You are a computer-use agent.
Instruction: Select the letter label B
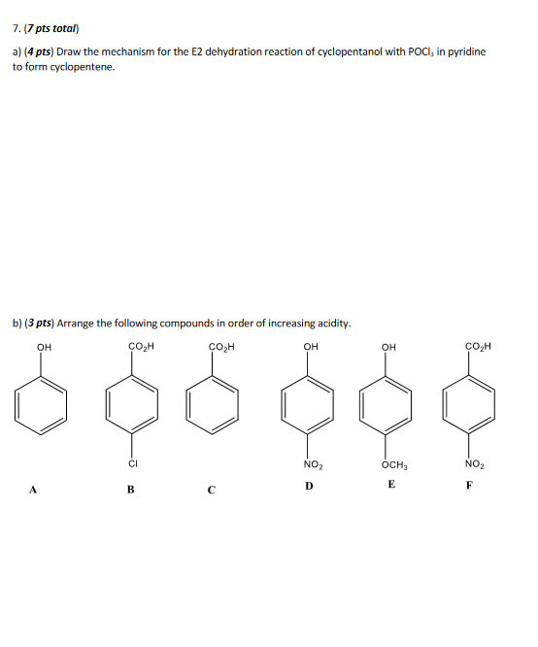tap(130, 490)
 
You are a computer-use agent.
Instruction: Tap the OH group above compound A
tap(44, 346)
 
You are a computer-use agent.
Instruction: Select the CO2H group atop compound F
tap(478, 346)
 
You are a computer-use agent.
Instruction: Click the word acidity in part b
tap(330, 323)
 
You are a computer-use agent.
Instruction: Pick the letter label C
tap(211, 490)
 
